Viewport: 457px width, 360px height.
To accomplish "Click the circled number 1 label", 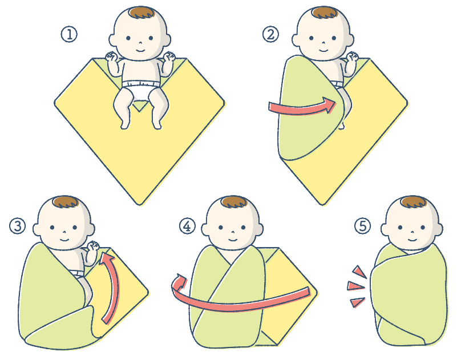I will point(69,35).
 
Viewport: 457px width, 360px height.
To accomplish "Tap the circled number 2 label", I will point(270,35).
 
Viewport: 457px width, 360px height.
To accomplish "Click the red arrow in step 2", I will point(302,107).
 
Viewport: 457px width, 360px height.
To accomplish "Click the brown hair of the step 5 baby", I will point(414,202).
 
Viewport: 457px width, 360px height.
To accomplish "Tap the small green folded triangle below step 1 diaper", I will point(140,105).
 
